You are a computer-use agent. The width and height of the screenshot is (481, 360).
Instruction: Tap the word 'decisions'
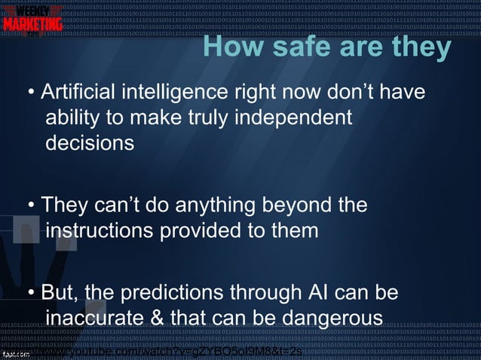pyautogui.click(x=90, y=142)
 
